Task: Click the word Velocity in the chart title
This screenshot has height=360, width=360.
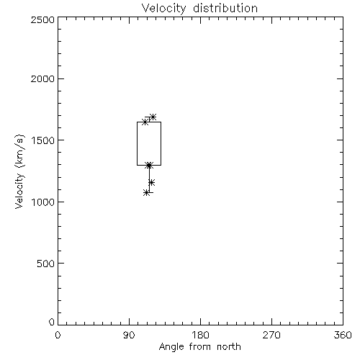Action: coord(164,9)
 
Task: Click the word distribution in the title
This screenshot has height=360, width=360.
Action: coord(225,8)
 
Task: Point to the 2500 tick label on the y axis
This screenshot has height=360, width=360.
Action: coord(42,19)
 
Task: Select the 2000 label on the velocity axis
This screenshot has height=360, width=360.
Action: coord(42,78)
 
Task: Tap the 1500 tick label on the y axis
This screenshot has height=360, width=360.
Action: coord(43,140)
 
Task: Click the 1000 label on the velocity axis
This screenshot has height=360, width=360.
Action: coord(43,202)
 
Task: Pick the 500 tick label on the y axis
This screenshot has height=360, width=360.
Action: coord(46,264)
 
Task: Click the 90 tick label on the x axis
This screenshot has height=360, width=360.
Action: coord(129,335)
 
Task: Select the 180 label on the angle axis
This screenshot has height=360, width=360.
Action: coord(200,335)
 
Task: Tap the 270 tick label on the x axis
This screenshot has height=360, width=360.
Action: coord(271,335)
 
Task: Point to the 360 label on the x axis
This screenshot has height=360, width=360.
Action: coord(343,335)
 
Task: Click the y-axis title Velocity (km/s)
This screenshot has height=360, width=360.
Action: coord(19,171)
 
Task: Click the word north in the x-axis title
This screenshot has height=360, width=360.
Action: coord(229,347)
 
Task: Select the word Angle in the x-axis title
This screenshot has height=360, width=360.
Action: coord(171,347)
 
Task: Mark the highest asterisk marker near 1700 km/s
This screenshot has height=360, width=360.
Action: coord(153,117)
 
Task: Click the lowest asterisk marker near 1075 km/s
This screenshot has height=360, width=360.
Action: coord(147,192)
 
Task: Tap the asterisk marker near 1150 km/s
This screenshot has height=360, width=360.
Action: coord(151,183)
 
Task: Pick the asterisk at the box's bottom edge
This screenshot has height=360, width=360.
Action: coord(149,165)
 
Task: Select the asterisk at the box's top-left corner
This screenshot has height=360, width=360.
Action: coord(145,122)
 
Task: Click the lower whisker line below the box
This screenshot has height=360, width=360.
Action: coord(149,179)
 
